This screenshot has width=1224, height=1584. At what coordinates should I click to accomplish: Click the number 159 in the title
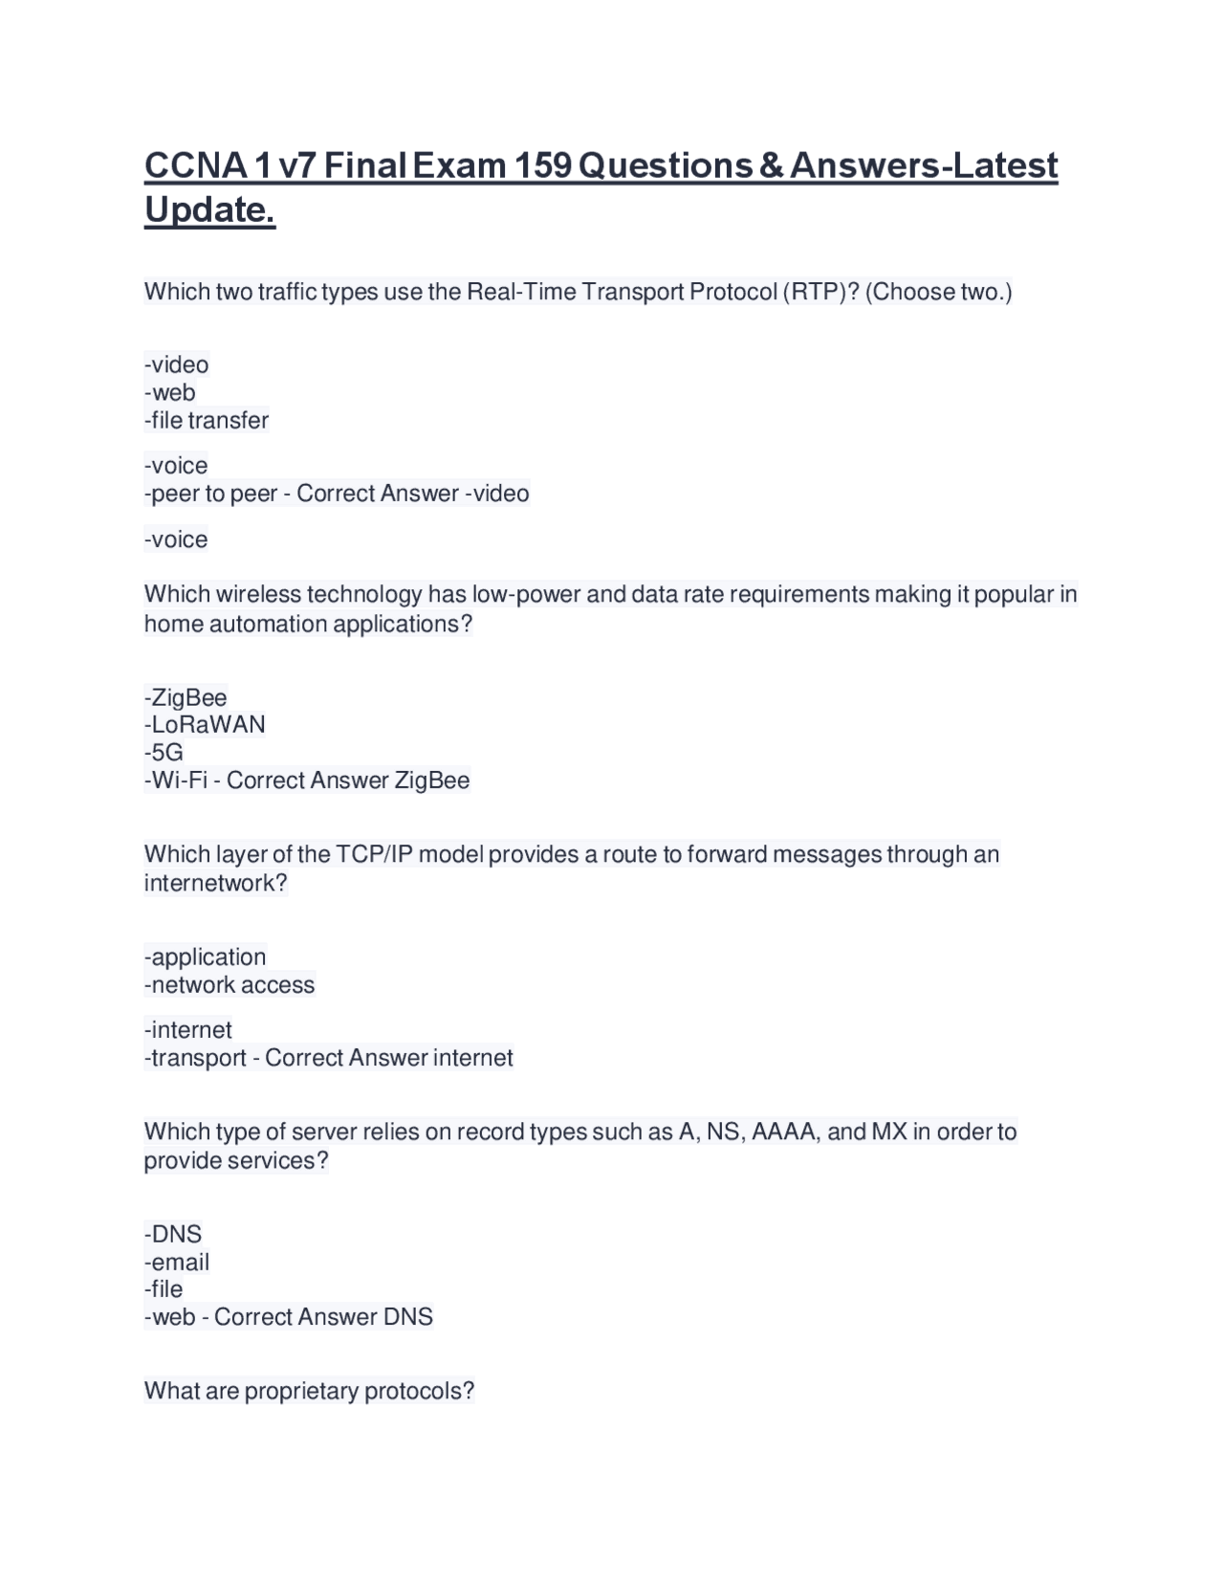(543, 165)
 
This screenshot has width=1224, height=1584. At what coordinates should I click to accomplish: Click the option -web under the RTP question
(170, 392)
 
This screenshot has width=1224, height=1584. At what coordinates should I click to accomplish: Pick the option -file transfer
(207, 420)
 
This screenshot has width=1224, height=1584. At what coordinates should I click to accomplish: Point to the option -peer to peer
(210, 494)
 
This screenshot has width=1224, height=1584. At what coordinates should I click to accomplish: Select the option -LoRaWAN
(205, 724)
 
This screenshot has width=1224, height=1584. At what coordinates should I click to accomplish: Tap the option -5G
(164, 752)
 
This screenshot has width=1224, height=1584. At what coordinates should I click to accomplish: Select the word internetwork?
(215, 883)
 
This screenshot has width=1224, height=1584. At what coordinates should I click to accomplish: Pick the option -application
(205, 957)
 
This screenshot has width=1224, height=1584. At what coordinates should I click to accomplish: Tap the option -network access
(229, 985)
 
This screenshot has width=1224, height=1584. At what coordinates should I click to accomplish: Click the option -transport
(195, 1058)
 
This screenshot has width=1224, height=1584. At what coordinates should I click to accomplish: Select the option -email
(177, 1262)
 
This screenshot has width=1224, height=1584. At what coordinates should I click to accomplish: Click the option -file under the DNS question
(164, 1289)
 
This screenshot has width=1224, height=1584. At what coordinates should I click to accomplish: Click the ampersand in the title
(771, 165)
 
